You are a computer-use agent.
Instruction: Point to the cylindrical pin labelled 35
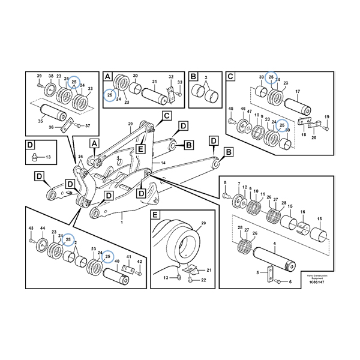55,112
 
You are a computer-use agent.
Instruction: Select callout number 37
88,125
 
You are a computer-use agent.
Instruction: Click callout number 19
328,117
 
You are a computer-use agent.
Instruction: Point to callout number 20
313,137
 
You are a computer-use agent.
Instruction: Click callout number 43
31,230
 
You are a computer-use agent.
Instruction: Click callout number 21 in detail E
200,271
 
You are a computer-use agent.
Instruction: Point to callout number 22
203,280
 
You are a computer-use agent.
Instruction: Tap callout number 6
289,281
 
